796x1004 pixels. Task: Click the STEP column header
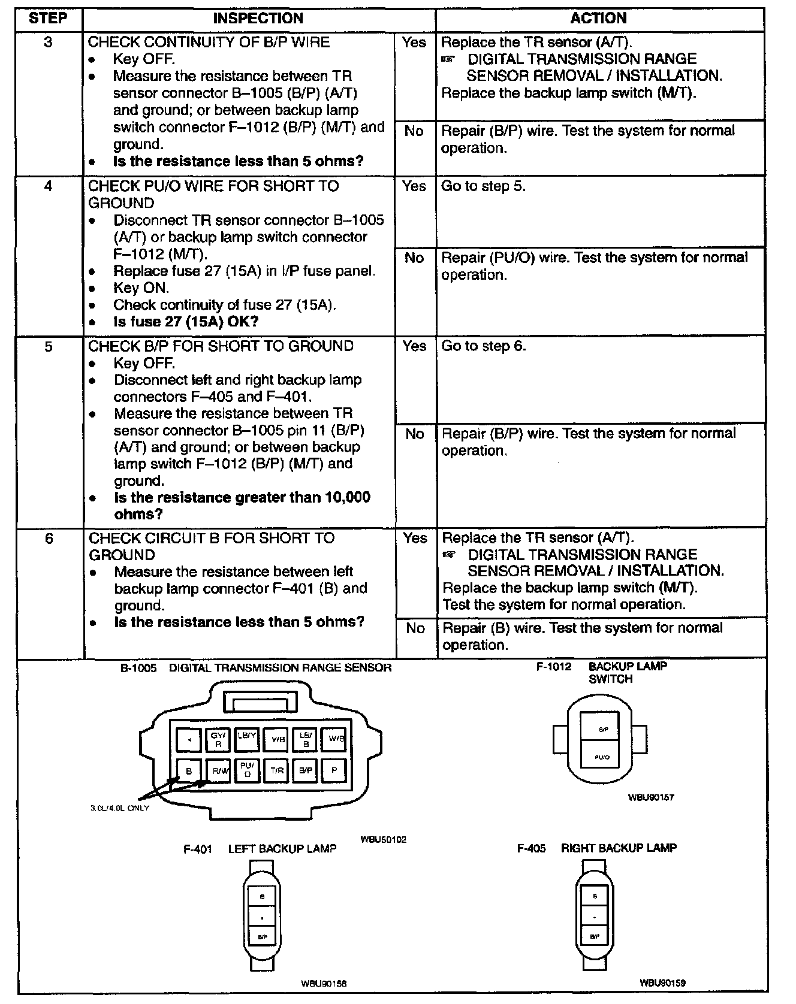coord(48,18)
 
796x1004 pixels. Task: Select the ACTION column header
coord(598,18)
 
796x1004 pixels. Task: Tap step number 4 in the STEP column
coord(48,186)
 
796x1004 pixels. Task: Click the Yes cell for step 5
coord(414,346)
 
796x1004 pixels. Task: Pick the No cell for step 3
coord(414,131)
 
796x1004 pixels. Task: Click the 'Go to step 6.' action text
coord(484,346)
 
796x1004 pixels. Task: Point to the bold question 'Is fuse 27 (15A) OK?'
coord(186,322)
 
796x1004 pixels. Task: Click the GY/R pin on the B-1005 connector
coord(218,739)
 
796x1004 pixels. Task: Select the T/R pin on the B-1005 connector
coord(276,770)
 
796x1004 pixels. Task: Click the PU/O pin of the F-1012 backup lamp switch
coord(602,757)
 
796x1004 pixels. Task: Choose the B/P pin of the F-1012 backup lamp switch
coord(603,729)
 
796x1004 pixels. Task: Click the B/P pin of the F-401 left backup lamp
coord(262,936)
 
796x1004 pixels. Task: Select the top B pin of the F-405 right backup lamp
coord(595,896)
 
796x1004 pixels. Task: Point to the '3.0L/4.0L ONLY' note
coord(120,808)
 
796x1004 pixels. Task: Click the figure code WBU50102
coord(383,839)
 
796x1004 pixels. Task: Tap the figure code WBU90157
coord(651,797)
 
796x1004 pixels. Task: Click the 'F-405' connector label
coord(531,848)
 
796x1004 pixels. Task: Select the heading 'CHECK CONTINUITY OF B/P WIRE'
coord(209,42)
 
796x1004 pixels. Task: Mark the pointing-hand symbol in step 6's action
coord(448,555)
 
